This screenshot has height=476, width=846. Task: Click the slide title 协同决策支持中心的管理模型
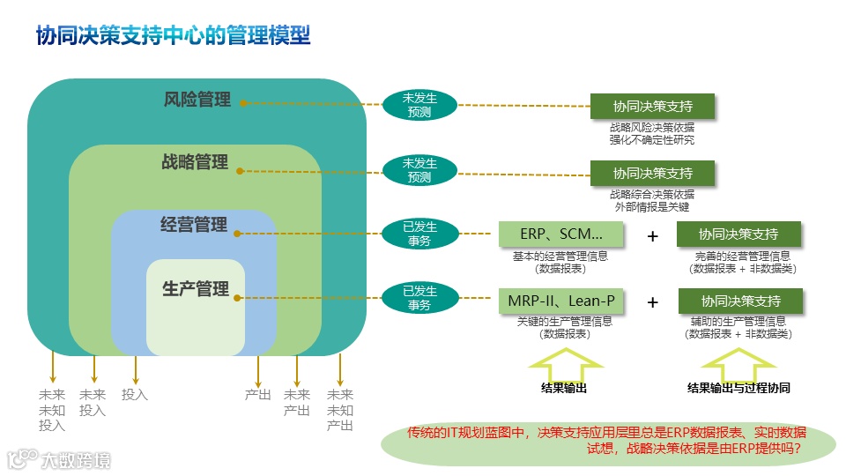tap(173, 36)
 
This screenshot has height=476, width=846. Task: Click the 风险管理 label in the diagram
tap(197, 100)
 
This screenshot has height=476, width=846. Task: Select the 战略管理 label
tap(195, 162)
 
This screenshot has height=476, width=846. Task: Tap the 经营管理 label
tap(194, 225)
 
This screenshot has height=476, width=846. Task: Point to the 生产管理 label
tap(196, 289)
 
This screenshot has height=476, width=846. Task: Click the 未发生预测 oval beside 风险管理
tap(419, 105)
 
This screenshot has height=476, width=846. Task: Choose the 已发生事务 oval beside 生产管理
tap(419, 298)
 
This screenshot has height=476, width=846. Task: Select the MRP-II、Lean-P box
tap(561, 301)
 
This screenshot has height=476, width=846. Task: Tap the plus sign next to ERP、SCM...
tap(653, 236)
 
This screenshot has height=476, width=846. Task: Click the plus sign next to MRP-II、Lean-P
tap(653, 302)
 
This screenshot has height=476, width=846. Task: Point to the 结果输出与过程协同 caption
tap(738, 388)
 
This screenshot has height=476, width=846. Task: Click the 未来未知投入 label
tap(52, 410)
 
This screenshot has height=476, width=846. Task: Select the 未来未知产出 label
tap(339, 410)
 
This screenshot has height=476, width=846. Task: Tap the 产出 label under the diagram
tap(258, 395)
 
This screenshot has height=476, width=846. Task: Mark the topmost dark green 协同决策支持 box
tap(653, 107)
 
